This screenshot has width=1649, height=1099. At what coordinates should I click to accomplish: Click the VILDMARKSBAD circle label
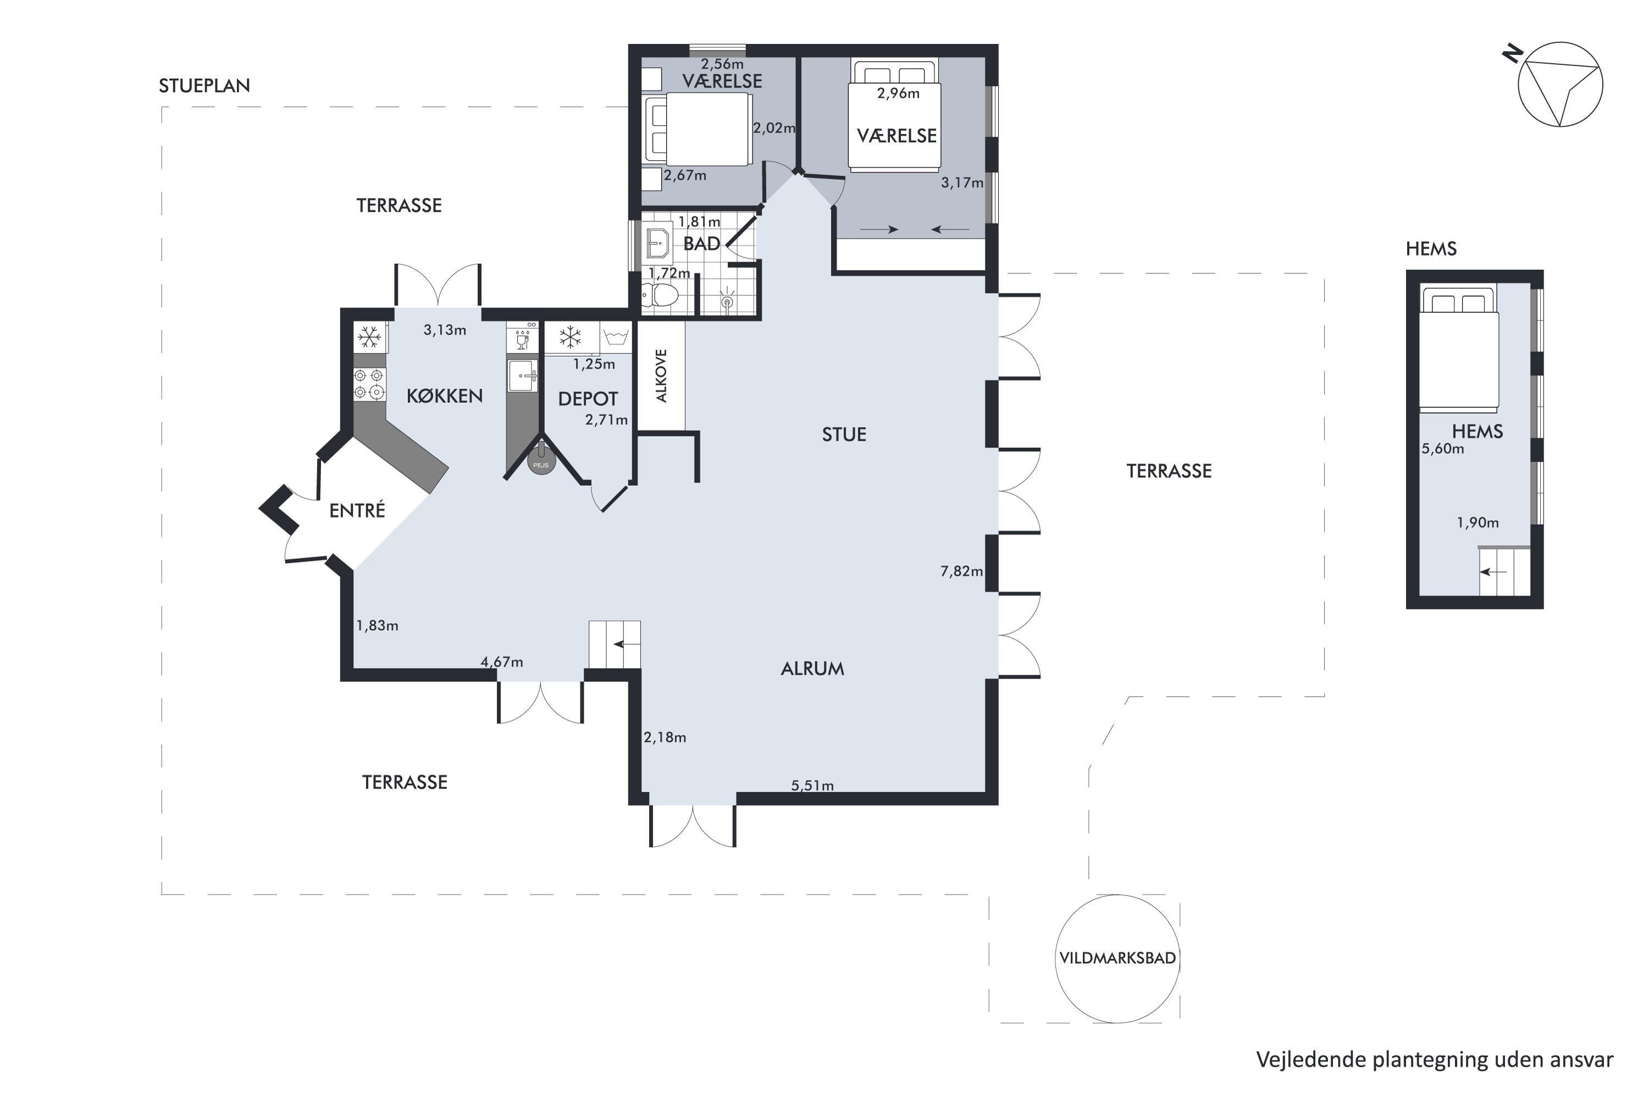(x=1117, y=958)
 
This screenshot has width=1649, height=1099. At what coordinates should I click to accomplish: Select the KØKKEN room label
(x=445, y=396)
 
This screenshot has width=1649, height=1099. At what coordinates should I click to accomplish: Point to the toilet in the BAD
(x=661, y=295)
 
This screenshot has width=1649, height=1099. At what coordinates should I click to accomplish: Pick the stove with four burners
(x=369, y=384)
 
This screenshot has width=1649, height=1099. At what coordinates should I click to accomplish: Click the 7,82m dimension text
(x=961, y=571)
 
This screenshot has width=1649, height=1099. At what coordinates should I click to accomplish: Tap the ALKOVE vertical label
(x=661, y=376)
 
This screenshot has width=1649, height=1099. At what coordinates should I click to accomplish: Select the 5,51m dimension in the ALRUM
(x=812, y=786)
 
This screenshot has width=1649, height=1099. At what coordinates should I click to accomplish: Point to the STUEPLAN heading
(x=204, y=86)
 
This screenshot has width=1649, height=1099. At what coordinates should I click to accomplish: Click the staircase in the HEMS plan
(x=1504, y=571)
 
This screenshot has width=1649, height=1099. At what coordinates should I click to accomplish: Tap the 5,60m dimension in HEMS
(x=1443, y=448)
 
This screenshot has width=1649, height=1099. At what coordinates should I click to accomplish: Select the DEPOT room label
(x=588, y=399)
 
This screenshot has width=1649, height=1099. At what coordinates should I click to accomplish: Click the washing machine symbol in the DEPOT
(x=616, y=338)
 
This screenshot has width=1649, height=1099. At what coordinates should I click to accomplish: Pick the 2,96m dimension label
(x=898, y=93)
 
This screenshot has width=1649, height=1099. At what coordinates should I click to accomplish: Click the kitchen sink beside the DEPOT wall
(x=522, y=376)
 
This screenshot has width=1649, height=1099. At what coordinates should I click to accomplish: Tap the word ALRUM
(x=812, y=669)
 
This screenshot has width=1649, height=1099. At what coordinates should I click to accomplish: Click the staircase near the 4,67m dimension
(x=614, y=645)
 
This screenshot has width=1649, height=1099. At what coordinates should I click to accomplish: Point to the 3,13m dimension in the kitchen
(x=445, y=330)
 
